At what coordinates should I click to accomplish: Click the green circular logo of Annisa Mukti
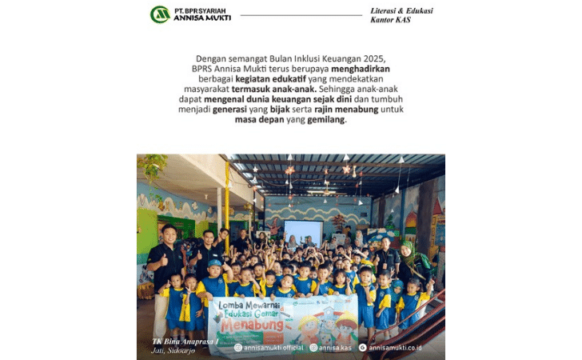160,14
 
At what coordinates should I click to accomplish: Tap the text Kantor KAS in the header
392,19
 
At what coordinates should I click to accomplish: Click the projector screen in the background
304,232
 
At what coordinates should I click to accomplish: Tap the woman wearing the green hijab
409,260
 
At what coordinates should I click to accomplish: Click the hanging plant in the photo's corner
151,166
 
